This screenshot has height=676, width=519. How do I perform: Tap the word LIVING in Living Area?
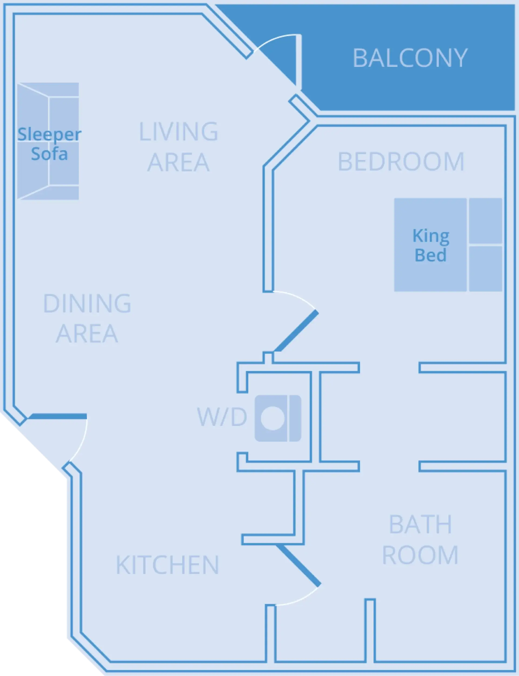(x=179, y=132)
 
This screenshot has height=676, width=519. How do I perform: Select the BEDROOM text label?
(x=401, y=162)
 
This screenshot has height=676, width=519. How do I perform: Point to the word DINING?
(x=87, y=303)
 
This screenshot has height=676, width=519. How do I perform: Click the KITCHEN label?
(x=167, y=565)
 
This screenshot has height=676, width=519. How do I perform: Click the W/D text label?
(x=222, y=417)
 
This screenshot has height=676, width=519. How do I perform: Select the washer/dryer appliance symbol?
(x=278, y=418)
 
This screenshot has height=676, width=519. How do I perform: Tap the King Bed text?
(x=431, y=245)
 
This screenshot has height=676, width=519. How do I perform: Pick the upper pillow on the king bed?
(x=485, y=221)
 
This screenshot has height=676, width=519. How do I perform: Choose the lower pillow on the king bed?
(x=485, y=268)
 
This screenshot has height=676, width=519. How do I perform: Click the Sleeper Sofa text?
(x=49, y=144)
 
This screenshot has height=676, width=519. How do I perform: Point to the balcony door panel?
(x=298, y=60)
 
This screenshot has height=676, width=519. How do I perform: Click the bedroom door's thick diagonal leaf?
(x=296, y=332)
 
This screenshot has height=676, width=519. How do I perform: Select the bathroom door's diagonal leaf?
(x=298, y=566)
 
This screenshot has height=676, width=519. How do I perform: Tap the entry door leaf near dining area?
(x=58, y=416)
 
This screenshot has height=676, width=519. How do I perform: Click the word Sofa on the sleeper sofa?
(x=49, y=154)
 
